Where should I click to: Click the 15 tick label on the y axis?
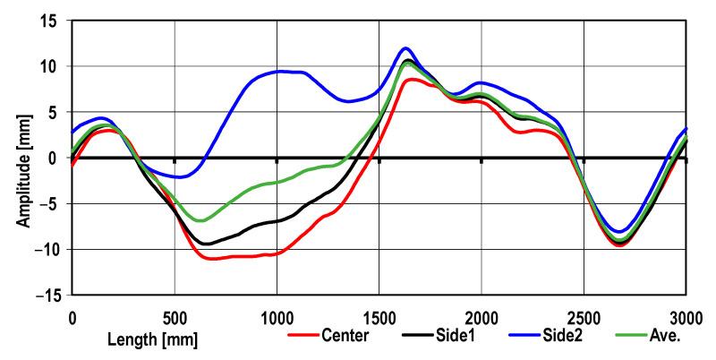click(50, 21)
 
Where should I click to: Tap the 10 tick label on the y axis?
click(50, 66)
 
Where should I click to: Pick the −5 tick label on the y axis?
click(50, 203)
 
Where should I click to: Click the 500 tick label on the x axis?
click(175, 316)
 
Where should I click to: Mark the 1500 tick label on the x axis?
click(379, 316)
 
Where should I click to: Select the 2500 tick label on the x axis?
click(584, 316)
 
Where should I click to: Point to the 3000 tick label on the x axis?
click(686, 316)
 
